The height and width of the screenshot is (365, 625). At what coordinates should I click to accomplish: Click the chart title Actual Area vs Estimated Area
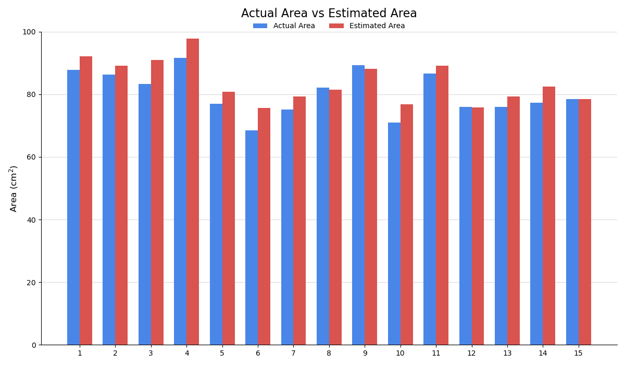329,14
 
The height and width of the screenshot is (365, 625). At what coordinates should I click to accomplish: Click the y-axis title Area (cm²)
14,188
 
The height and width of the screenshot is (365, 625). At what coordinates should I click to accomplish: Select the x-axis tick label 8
329,354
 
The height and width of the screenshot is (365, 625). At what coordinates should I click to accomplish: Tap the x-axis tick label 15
578,354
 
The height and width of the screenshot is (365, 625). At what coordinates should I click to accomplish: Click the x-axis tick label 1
80,354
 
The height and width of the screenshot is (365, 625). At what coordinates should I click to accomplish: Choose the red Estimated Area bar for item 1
86,201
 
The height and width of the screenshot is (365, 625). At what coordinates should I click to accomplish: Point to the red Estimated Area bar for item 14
549,216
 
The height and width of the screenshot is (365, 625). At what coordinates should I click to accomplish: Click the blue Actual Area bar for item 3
145,214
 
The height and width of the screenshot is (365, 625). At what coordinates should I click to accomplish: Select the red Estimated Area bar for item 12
478,226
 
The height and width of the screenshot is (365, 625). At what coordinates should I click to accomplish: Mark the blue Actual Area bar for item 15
572,222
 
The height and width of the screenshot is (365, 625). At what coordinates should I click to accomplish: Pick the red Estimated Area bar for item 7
299,221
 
